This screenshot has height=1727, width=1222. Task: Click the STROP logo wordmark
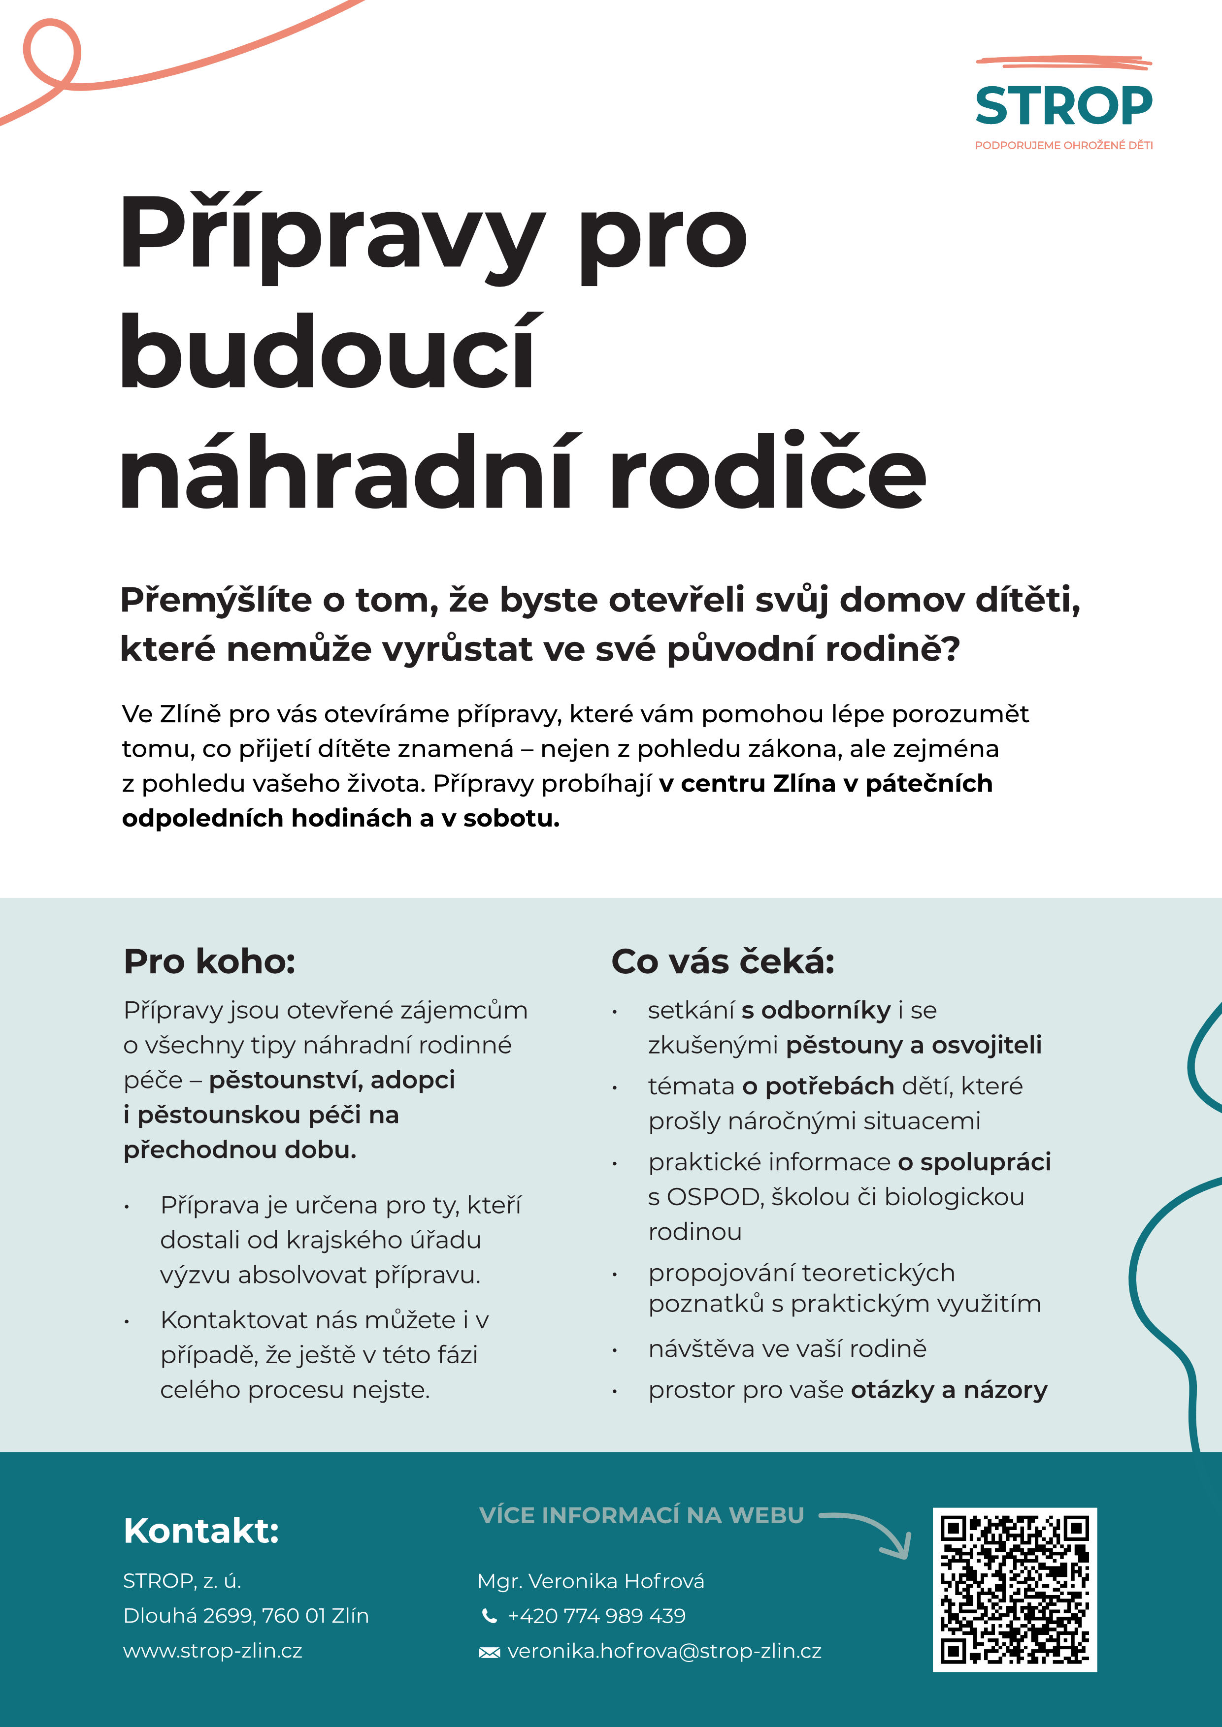pos(1063,106)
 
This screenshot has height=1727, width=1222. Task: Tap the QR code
pos(1014,1589)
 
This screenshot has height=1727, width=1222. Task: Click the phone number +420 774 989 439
pos(596,1616)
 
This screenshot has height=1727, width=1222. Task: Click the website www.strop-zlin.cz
pos(212,1651)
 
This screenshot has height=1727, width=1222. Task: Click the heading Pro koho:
pos(209,961)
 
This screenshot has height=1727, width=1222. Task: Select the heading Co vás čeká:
pos(723,961)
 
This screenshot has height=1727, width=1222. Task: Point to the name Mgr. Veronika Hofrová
pos(591,1581)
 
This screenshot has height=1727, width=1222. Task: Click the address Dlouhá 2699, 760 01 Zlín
pos(246,1616)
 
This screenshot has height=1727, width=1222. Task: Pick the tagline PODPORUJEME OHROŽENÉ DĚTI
pos(1063,145)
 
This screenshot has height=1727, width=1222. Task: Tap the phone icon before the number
pos(489,1616)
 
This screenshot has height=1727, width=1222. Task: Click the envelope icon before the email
pos(489,1652)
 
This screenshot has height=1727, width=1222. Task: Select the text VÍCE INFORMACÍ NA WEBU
pos(641,1515)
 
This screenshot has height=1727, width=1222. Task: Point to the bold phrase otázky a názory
pos(949,1390)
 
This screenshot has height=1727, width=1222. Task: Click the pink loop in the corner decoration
pos(51,54)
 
